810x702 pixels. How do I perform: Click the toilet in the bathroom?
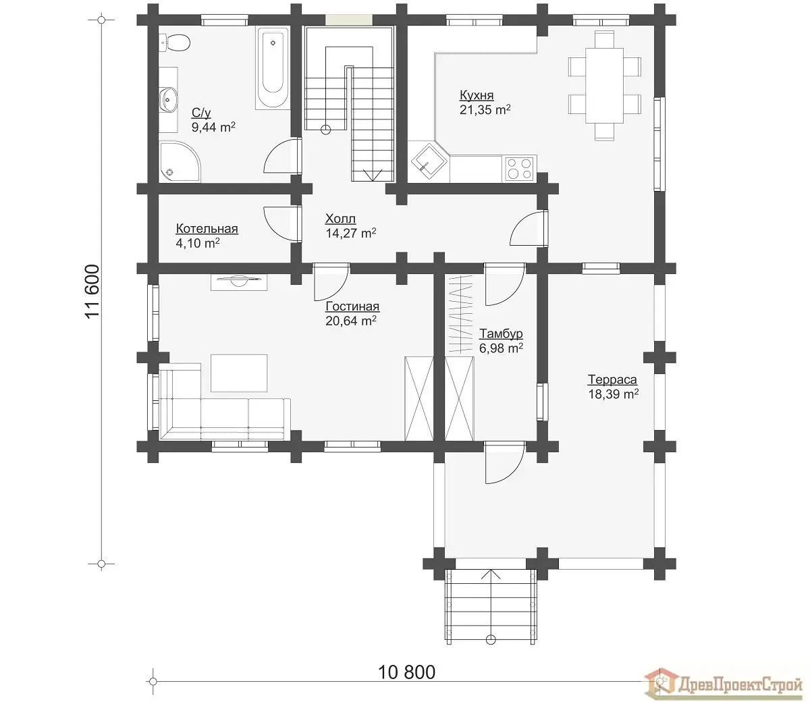point(174,43)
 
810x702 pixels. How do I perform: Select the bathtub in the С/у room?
point(272,68)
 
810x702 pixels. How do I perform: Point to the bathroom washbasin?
point(169,99)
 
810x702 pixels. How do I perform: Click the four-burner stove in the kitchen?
point(520,169)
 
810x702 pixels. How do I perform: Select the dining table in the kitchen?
point(604,86)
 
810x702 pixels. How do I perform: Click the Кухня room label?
point(477,95)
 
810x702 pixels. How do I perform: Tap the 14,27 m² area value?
point(351,234)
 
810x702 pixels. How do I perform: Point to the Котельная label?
point(207,229)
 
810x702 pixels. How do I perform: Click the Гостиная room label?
point(352,306)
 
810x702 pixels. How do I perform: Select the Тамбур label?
point(502,333)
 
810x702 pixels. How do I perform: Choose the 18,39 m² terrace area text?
point(614,394)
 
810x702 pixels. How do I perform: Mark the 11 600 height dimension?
point(92,292)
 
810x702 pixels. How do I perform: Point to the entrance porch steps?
point(491,606)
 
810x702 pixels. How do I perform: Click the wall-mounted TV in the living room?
point(239,282)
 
